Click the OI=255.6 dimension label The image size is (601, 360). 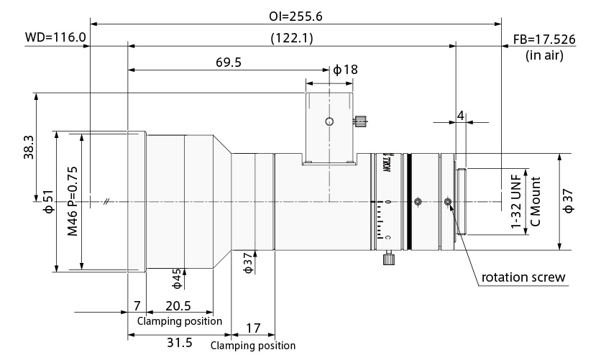[295, 16]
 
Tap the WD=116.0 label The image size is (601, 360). [55, 37]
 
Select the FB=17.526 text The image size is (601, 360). [544, 40]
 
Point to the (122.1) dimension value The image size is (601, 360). [292, 38]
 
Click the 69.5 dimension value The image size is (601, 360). [229, 62]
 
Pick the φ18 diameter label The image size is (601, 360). [345, 69]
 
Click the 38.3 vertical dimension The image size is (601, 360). [29, 147]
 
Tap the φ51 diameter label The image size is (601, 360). [50, 201]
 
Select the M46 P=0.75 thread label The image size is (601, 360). [73, 201]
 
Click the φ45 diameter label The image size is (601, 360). [176, 278]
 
